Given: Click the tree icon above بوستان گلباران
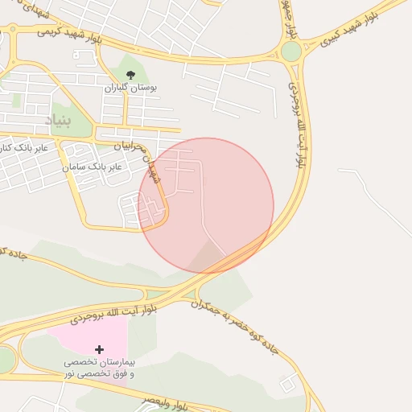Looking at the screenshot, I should click(130, 75).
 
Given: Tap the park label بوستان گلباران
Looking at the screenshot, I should click(130, 87).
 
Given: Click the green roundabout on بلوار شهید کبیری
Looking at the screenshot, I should click(291, 51).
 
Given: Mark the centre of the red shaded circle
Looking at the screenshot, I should click(207, 205).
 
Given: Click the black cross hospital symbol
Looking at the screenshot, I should click(99, 349).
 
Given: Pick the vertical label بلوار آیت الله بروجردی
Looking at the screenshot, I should click(299, 121).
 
